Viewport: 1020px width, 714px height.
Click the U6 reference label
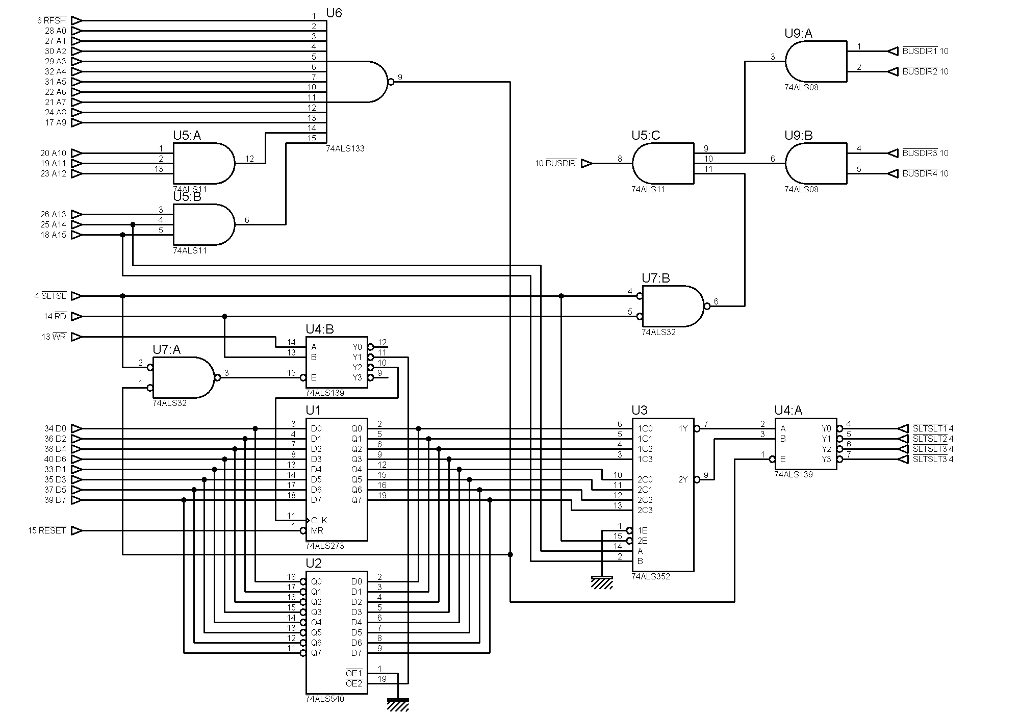point(334,13)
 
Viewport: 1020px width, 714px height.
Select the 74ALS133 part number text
point(345,149)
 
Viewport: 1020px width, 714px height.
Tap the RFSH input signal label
point(55,20)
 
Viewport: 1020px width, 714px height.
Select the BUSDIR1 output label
point(920,51)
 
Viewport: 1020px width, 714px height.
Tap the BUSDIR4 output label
point(920,173)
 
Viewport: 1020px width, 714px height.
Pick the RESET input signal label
point(53,530)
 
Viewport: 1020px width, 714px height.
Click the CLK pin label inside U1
point(319,520)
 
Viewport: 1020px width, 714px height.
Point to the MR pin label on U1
point(317,530)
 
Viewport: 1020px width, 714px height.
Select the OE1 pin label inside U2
point(353,673)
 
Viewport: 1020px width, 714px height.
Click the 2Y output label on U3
point(683,479)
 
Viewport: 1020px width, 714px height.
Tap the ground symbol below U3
point(602,582)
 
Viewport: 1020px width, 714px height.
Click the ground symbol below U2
point(398,705)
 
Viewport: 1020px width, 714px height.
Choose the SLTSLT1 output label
point(930,428)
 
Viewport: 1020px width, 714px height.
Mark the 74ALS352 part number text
point(651,577)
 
